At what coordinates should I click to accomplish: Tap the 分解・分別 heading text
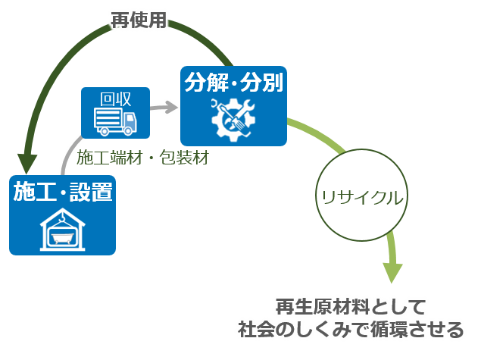click(x=233, y=82)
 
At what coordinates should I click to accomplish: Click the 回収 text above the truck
click(x=116, y=99)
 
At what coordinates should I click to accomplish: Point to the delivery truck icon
click(x=116, y=121)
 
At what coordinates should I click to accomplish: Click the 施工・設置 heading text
click(x=63, y=192)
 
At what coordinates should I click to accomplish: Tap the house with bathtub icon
click(x=62, y=227)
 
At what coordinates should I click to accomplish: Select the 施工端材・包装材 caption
click(x=142, y=158)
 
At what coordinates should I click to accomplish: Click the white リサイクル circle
click(x=358, y=197)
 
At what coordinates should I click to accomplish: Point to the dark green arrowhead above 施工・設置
click(x=29, y=162)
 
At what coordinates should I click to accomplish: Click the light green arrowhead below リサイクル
click(x=392, y=271)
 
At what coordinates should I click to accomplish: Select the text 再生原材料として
click(x=351, y=308)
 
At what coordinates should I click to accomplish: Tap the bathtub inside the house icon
click(x=62, y=236)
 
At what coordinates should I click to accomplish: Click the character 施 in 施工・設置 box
click(x=25, y=192)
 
